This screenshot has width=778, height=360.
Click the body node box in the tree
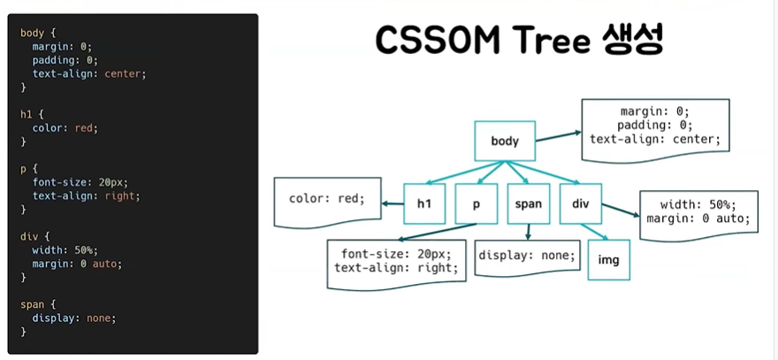pyautogui.click(x=505, y=141)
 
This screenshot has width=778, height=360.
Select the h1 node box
pyautogui.click(x=424, y=203)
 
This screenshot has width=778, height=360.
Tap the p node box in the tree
pyautogui.click(x=476, y=203)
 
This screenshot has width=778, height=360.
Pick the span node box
pyautogui.click(x=528, y=203)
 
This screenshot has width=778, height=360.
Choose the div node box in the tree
pyautogui.click(x=581, y=203)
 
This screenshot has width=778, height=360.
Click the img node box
pyautogui.click(x=609, y=260)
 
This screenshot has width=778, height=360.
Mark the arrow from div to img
pyautogui.click(x=593, y=232)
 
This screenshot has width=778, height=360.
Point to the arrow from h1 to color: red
pyautogui.click(x=392, y=203)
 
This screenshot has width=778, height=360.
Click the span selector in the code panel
pyautogui.click(x=32, y=304)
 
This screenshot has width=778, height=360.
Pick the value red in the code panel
pyautogui.click(x=83, y=128)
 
